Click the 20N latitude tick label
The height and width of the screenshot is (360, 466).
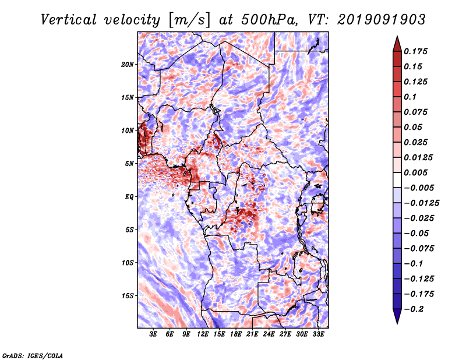[x=128, y=65]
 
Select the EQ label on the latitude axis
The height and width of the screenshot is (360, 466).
[x=129, y=197]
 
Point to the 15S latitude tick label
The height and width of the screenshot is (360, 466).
[x=128, y=296]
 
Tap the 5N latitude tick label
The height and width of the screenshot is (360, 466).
[x=129, y=164]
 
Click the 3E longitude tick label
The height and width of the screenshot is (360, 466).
[x=153, y=334]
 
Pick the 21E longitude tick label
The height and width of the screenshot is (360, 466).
[x=252, y=334]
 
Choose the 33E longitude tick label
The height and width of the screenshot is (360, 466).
[x=318, y=334]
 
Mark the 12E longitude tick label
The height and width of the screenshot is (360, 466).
[x=202, y=334]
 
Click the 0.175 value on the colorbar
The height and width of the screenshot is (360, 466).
[x=415, y=51]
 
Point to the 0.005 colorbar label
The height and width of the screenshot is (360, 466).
[x=415, y=172]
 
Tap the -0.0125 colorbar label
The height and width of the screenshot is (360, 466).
[x=421, y=203]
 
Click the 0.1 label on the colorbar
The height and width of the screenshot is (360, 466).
[x=410, y=97]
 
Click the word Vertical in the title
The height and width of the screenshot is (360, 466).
[x=68, y=20]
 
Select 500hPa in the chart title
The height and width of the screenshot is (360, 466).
[x=269, y=20]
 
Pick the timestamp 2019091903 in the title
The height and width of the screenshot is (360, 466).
[x=382, y=20]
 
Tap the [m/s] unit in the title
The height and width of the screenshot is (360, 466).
[x=189, y=20]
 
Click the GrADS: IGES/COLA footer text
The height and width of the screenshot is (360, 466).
[x=33, y=355]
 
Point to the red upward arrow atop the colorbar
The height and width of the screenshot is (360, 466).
[x=397, y=44]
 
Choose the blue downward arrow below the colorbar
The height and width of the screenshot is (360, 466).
[x=397, y=316]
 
